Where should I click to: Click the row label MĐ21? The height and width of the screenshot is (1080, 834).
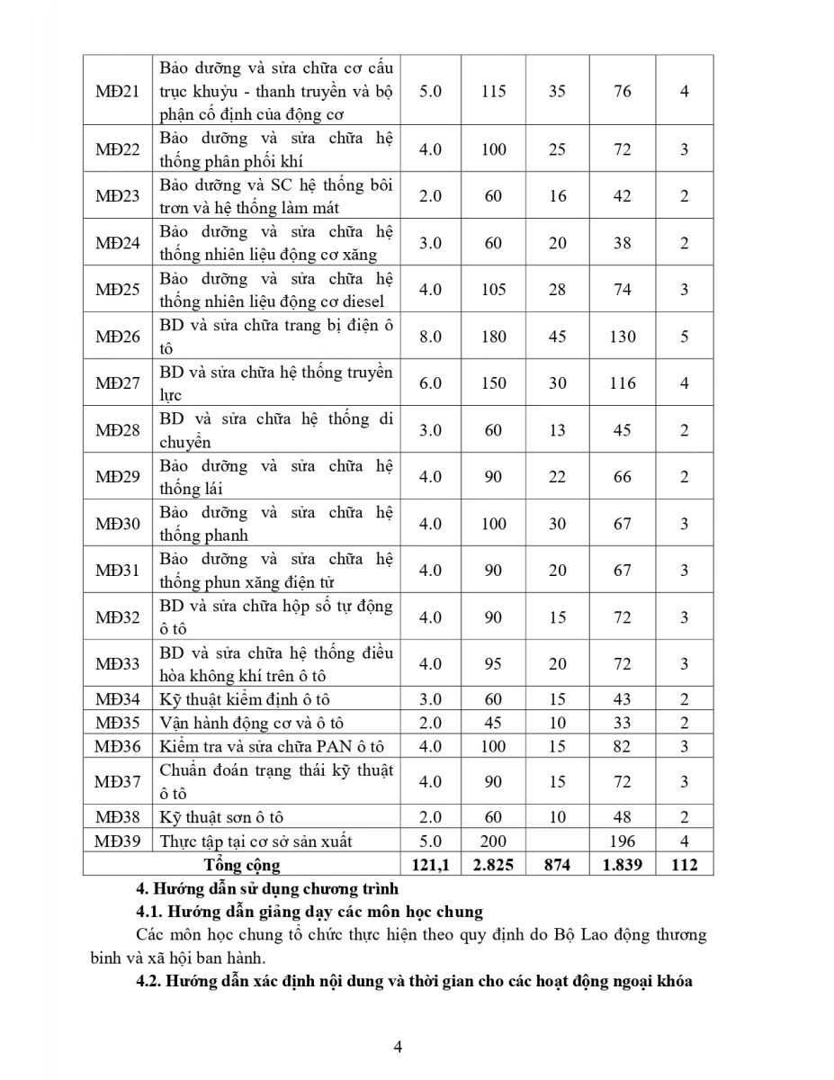tap(118, 91)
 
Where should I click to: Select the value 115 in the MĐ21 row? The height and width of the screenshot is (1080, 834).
tap(493, 91)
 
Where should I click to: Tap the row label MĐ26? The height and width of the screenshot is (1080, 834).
tap(118, 337)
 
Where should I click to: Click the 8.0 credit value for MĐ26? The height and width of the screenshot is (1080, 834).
tap(431, 337)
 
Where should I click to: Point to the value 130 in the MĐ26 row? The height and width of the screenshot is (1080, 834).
tap(623, 337)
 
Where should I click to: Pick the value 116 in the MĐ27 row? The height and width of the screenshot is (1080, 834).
tap(623, 383)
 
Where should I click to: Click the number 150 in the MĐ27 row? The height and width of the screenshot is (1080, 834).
tap(493, 383)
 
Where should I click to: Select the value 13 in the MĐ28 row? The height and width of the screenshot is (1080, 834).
tap(558, 430)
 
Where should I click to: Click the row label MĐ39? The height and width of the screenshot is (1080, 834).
tap(118, 841)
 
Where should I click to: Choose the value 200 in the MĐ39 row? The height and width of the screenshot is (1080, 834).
tap(493, 841)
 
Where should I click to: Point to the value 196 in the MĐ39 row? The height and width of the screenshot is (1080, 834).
tap(623, 841)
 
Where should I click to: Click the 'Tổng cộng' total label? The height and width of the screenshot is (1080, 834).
tap(242, 865)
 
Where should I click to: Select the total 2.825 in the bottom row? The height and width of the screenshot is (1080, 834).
tap(493, 865)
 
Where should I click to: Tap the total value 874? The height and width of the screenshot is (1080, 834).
tap(558, 865)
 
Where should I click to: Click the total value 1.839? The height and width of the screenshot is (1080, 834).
tap(623, 865)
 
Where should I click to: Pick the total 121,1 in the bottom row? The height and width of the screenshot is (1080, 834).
tap(431, 865)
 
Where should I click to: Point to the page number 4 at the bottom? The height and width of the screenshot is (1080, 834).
tap(398, 1046)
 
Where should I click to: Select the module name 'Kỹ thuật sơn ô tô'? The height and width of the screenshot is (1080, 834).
tap(221, 817)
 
